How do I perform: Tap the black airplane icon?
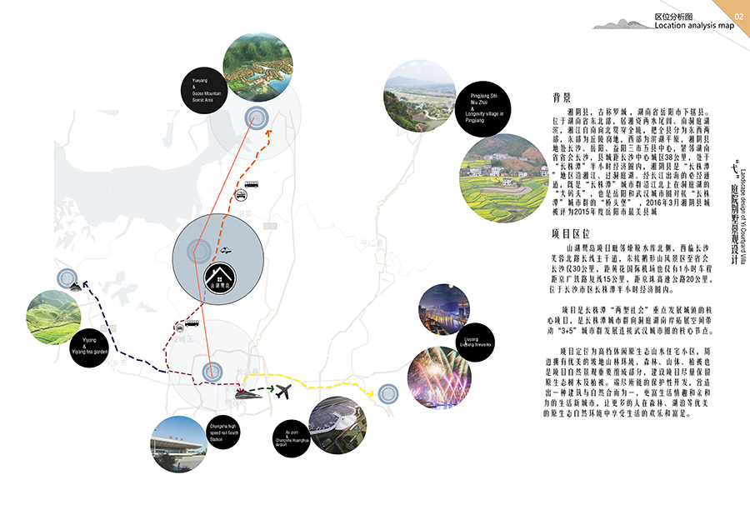pyautogui.click(x=283, y=389)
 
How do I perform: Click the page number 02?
pyautogui.click(x=738, y=17)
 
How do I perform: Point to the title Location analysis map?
pyautogui.click(x=694, y=26)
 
